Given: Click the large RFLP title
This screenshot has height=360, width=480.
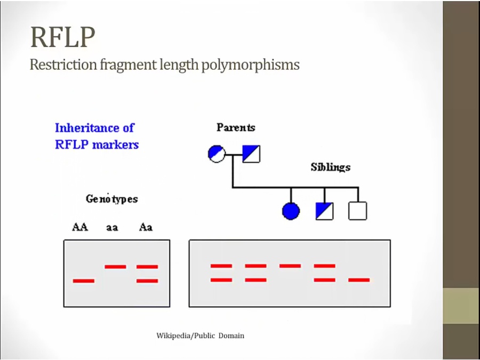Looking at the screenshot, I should (x=63, y=37).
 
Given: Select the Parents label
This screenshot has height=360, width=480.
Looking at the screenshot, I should (x=236, y=127).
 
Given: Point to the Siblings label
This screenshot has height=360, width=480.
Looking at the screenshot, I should (x=331, y=167).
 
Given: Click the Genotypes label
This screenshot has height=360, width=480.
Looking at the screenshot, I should (x=112, y=199).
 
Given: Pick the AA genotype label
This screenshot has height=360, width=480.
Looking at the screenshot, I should (x=80, y=227).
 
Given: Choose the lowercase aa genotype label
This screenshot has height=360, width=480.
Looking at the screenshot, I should (x=112, y=228).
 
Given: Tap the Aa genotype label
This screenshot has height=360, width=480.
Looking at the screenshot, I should (x=146, y=227).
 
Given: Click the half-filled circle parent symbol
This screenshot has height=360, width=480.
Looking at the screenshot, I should (x=217, y=154).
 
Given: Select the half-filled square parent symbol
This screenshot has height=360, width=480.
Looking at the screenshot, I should (x=251, y=154).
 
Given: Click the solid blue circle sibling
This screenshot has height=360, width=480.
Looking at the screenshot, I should (x=291, y=211).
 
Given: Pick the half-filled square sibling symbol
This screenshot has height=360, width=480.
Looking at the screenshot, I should (x=324, y=211).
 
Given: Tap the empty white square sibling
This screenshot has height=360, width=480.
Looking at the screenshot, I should (x=357, y=211).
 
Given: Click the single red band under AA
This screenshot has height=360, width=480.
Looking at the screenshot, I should (x=83, y=281).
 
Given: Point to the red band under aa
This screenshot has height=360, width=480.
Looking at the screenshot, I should (x=115, y=266).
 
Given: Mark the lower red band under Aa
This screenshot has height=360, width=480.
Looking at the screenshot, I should (x=147, y=281).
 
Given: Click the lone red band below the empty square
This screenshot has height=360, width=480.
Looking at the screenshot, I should (x=358, y=279).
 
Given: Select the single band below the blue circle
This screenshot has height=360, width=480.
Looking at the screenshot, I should (x=290, y=266).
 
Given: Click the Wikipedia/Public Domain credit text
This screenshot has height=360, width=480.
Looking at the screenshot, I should (x=200, y=335).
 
